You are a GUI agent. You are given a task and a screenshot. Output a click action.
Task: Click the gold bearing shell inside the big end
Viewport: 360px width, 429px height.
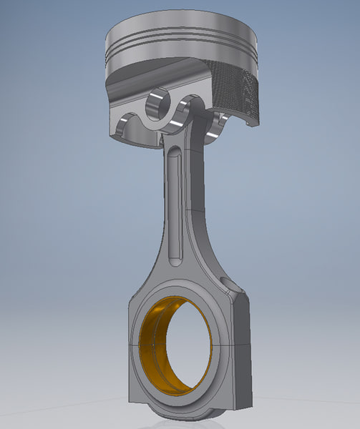[x=155, y=336]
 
